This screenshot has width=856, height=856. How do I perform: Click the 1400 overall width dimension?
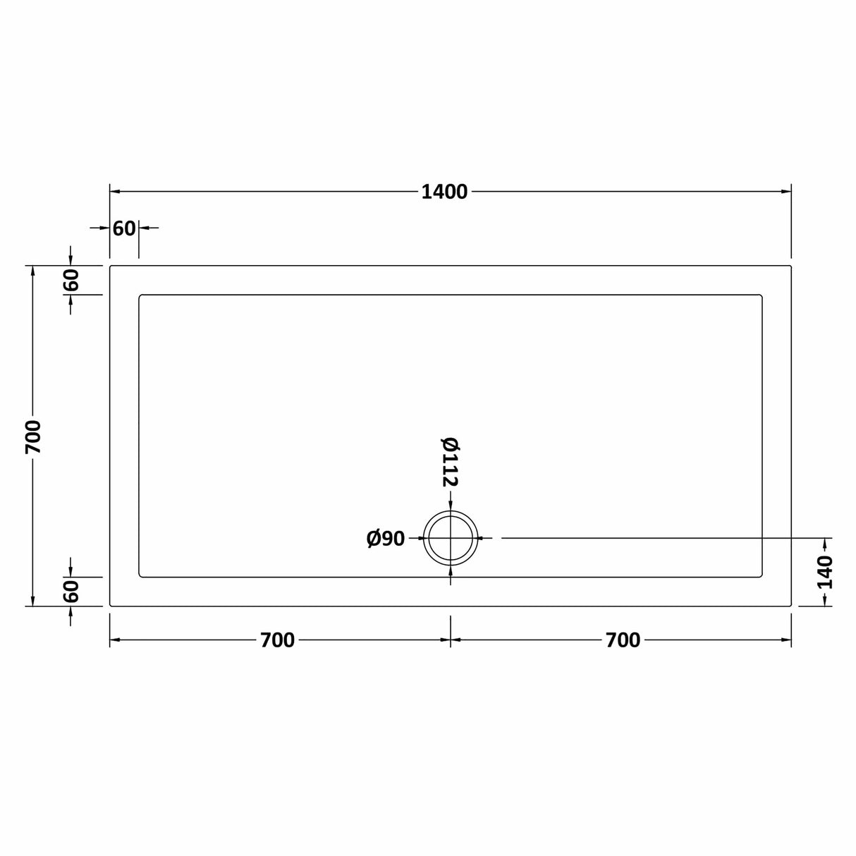[x=444, y=192]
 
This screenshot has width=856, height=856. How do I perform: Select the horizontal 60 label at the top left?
[x=124, y=228]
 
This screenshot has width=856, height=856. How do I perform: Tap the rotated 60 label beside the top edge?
[x=71, y=280]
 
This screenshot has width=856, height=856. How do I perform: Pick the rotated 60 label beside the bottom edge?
[x=71, y=591]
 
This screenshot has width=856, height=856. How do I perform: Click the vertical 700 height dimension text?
[x=33, y=436]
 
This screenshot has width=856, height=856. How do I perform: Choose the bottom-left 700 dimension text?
[x=277, y=640]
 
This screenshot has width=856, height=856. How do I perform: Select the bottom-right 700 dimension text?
[x=623, y=640]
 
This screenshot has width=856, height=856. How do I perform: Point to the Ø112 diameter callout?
[x=450, y=462]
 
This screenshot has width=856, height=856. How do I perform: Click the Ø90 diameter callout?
[x=386, y=539]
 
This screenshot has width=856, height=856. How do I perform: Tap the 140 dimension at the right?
[x=825, y=572]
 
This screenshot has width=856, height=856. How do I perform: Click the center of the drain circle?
[x=451, y=538]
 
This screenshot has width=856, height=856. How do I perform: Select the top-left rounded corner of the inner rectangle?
[x=141, y=296]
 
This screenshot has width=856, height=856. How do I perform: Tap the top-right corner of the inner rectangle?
[x=761, y=296]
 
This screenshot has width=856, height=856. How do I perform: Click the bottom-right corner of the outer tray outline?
[x=790, y=605]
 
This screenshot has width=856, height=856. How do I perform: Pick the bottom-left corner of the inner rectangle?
[x=141, y=575]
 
